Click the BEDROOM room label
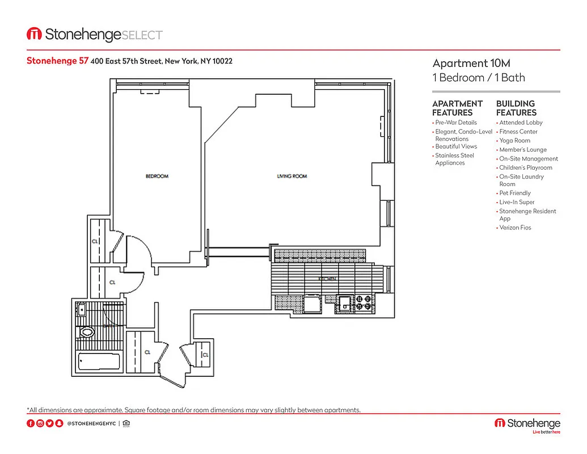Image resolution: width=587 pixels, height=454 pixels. tap(157, 176)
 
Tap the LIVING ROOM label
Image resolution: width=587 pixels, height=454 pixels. tap(292, 176)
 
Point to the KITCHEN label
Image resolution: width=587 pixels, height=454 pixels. tap(328, 279)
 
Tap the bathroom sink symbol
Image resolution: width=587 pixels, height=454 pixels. tap(81, 309)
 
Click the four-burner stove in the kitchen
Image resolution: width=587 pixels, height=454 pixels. tap(364, 304)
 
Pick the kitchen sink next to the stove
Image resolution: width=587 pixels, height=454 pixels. tap(344, 303)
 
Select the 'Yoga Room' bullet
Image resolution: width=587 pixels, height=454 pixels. tap(514, 141)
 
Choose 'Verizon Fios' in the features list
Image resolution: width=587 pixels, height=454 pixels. tap(515, 228)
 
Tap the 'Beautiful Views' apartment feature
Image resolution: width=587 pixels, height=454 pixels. tap(456, 146)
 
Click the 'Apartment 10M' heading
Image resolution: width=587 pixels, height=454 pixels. tap(467, 63)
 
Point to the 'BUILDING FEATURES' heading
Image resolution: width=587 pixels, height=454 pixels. tap(516, 108)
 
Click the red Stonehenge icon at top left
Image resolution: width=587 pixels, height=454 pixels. tap(34, 35)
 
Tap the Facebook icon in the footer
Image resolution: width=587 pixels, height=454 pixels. tap(31, 423)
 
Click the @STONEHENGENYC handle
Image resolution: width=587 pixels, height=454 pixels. tap(92, 423)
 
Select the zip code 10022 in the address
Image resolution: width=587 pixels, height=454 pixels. tap(222, 61)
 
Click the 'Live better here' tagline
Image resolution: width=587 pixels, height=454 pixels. tap(546, 432)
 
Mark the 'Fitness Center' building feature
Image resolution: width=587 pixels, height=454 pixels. tap(518, 132)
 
